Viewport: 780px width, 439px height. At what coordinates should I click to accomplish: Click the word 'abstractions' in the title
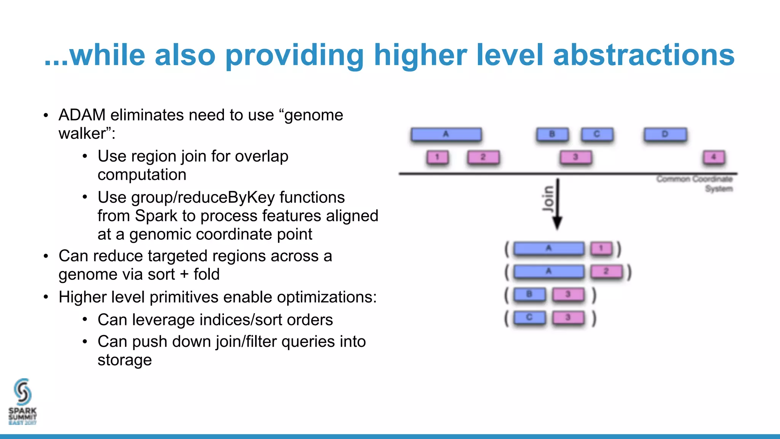click(x=643, y=55)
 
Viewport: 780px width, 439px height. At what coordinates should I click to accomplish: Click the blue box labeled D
click(x=665, y=135)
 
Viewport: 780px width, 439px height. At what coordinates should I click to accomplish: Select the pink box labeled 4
click(x=714, y=157)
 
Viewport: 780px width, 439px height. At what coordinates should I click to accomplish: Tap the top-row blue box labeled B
click(x=552, y=135)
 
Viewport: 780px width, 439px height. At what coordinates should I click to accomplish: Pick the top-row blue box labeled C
click(x=597, y=135)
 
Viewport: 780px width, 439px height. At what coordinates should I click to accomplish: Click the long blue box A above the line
click(x=446, y=135)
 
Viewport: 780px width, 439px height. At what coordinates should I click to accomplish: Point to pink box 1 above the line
click(x=437, y=157)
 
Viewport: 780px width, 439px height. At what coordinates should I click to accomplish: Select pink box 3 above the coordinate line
click(x=575, y=157)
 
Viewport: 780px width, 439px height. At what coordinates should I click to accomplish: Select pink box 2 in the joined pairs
click(x=606, y=272)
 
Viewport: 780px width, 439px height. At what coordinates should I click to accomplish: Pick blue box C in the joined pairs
click(x=529, y=317)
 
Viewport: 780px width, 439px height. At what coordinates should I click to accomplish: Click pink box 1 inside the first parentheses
click(x=601, y=249)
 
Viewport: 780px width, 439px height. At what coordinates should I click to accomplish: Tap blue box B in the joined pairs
click(x=529, y=295)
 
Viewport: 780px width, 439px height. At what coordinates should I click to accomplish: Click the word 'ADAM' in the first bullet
click(x=82, y=115)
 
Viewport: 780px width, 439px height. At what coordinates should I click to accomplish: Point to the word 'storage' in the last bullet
click(x=125, y=360)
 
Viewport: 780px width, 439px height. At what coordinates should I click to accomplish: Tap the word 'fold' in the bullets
click(x=206, y=274)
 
